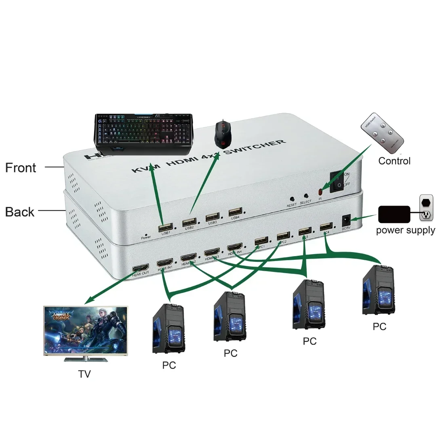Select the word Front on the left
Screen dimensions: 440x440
(x=21, y=168)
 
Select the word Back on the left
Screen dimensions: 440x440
(x=20, y=212)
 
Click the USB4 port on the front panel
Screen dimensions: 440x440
(x=235, y=212)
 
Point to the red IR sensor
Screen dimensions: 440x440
(x=321, y=191)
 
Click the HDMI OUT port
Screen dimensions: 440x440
(x=141, y=268)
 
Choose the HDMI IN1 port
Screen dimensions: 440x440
(x=165, y=262)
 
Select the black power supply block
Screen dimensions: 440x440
(x=394, y=214)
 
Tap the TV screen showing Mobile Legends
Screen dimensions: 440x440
(x=85, y=331)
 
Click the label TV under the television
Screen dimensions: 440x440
(x=84, y=374)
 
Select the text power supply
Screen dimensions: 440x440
(x=405, y=231)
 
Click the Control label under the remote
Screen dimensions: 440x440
(x=394, y=161)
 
